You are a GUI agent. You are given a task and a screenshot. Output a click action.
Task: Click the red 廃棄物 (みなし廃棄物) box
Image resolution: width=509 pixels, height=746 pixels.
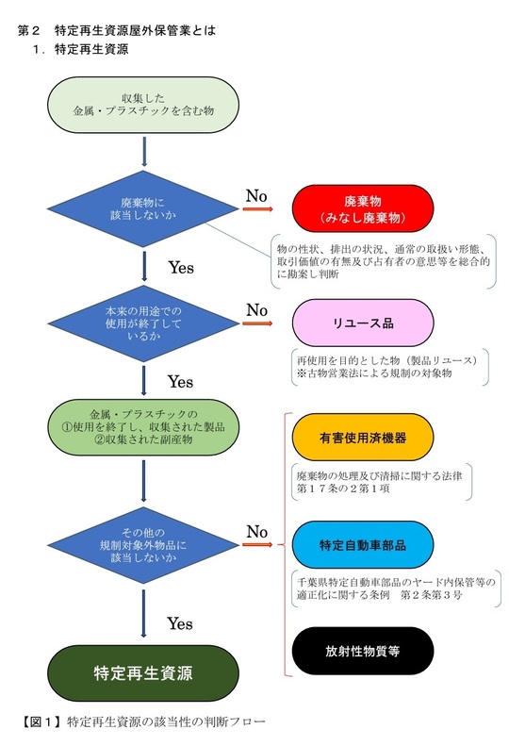(363, 208)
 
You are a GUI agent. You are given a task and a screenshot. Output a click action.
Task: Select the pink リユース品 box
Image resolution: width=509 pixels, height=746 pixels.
(363, 323)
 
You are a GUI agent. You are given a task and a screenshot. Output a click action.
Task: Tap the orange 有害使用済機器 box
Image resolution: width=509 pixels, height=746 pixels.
(363, 438)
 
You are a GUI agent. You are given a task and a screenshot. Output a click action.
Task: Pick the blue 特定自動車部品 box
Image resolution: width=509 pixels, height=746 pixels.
(363, 545)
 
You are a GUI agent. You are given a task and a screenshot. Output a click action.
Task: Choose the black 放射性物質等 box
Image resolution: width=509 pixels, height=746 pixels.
(363, 651)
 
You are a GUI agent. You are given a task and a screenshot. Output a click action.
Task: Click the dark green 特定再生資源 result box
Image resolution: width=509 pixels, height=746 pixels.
(143, 673)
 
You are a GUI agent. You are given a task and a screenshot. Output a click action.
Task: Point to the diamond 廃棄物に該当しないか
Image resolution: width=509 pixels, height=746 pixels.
(142, 208)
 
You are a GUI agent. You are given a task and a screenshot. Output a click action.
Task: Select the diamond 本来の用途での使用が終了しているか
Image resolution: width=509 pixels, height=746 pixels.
(143, 323)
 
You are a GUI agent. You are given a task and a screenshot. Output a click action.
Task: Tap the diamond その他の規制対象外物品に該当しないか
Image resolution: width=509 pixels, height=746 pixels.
(143, 545)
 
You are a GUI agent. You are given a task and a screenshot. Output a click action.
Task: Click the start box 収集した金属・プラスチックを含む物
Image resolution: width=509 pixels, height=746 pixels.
(143, 105)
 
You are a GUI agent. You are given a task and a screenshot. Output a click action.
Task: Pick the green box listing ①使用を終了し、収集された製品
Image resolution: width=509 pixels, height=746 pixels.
(143, 427)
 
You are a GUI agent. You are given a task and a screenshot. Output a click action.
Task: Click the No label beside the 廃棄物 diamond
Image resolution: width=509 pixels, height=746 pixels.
(256, 195)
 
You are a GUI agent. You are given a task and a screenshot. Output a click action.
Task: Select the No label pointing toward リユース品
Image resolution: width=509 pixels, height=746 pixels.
(257, 310)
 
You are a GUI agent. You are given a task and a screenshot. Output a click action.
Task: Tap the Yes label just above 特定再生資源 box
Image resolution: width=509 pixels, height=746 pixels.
(180, 623)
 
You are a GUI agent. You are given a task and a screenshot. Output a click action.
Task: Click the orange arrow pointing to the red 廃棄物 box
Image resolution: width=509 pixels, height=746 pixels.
(258, 208)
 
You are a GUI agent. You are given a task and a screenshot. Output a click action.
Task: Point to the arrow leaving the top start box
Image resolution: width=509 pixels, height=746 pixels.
(144, 152)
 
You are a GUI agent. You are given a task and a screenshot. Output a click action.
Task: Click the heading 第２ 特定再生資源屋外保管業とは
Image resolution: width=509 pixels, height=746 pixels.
(117, 30)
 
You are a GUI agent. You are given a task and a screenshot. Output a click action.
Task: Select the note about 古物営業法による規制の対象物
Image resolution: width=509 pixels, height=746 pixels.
(389, 367)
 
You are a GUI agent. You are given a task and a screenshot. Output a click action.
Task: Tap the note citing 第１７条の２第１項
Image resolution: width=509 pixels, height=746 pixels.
(382, 482)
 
